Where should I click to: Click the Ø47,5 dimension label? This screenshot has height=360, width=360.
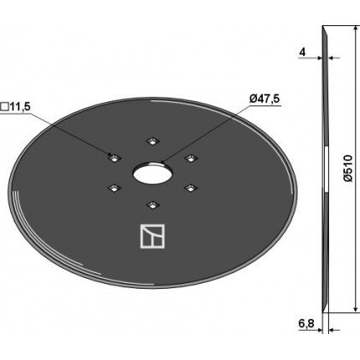tap(265, 99)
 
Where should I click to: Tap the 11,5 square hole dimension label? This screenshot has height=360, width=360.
tap(19, 107)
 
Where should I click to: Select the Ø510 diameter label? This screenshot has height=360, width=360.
tap(348, 168)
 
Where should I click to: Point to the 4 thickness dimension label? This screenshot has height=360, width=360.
tap(302, 52)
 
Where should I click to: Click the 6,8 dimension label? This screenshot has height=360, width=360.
tap(306, 324)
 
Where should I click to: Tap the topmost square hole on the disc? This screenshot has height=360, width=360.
tap(152, 141)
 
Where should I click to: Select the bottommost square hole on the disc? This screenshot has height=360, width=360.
tap(152, 205)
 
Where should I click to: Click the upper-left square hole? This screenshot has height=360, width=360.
tap(114, 158)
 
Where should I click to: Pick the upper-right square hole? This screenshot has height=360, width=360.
tap(191, 158)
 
